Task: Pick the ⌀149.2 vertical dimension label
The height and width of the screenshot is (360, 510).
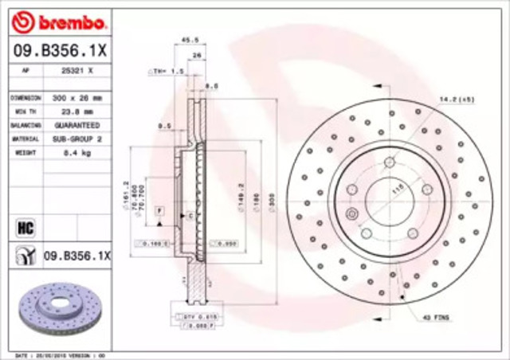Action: pos(240,194)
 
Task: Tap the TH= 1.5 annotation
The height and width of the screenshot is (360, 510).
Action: pos(165,72)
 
